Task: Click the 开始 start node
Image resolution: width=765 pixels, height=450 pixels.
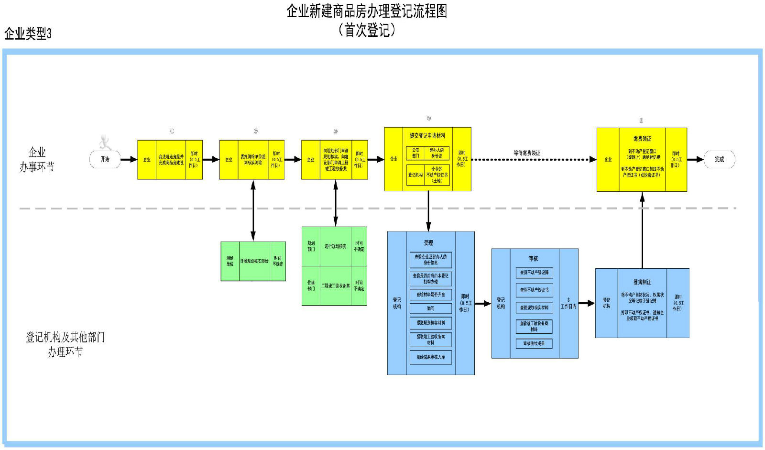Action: (x=105, y=159)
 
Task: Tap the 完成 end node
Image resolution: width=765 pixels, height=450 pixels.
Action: (x=719, y=159)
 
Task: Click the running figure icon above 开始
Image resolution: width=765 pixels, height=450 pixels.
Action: (x=105, y=142)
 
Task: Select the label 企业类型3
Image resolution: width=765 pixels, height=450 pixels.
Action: (x=28, y=33)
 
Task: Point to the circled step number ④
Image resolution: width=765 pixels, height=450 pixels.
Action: (x=428, y=118)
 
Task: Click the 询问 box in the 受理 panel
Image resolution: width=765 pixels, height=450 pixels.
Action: (x=430, y=308)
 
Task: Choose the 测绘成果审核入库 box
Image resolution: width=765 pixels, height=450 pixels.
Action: (x=430, y=357)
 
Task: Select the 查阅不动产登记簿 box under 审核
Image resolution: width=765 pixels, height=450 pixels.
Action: (x=534, y=273)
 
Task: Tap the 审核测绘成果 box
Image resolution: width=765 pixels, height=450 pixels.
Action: (x=534, y=343)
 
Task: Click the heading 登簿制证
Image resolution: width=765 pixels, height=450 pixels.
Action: (x=642, y=282)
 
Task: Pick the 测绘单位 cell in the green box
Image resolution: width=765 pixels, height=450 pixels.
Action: (x=230, y=261)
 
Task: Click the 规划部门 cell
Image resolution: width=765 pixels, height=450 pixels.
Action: (x=311, y=246)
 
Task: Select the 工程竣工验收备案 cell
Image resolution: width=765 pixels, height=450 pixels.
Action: (x=335, y=285)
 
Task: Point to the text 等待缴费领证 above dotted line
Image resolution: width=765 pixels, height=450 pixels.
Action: (x=527, y=153)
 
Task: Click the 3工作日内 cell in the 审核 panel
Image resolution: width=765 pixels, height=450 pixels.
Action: (x=568, y=303)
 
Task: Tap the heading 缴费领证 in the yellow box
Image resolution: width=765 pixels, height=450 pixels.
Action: (x=642, y=139)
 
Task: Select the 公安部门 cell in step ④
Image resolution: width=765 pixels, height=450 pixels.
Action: (x=415, y=153)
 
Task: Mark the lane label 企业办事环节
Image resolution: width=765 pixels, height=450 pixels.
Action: (x=37, y=159)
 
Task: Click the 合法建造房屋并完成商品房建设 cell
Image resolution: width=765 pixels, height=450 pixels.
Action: (x=171, y=160)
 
